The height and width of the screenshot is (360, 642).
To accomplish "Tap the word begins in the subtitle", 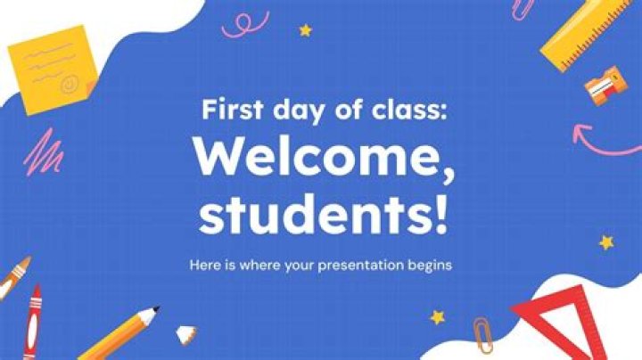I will pos(431,266).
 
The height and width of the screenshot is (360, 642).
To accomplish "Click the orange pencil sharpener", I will pos(605,86).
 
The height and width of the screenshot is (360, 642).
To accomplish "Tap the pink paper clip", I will pos(523,9).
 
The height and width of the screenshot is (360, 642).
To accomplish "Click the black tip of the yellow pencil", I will pos(155,311).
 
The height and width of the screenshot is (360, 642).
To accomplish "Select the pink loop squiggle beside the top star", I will pos(244,21).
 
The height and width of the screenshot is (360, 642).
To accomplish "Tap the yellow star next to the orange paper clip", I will pos(438,316).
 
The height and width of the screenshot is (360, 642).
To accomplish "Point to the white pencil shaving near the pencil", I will pos(186,334).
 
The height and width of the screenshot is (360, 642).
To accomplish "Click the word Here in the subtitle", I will pos(204,266).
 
